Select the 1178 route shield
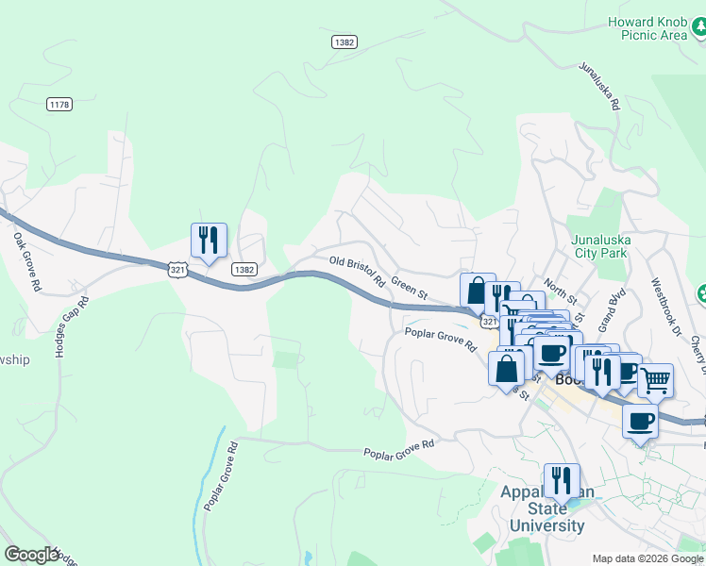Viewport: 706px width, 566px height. tap(59, 105)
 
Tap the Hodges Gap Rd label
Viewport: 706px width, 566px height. tap(71, 326)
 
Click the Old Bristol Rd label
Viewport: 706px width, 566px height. tap(357, 270)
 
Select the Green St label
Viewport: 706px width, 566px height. tap(410, 285)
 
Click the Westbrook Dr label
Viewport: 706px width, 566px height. tap(664, 307)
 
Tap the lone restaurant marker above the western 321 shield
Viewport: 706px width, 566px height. tap(209, 240)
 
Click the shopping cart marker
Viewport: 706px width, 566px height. tap(655, 380)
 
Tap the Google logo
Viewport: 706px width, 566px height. tap(31, 555)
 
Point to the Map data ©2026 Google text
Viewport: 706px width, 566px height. tap(647, 558)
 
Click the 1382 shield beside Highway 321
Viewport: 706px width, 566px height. tap(244, 269)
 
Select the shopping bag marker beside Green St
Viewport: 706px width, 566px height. tap(478, 291)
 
